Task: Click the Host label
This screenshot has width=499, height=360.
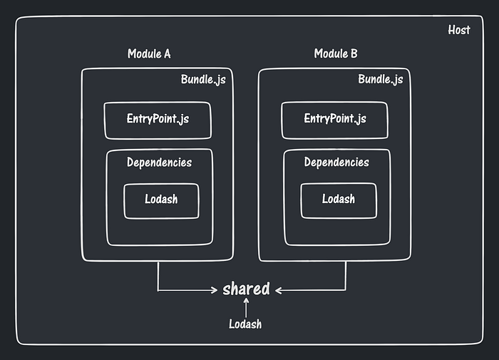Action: point(458,31)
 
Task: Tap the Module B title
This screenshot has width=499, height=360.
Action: point(336,54)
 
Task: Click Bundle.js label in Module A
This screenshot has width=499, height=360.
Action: point(203,79)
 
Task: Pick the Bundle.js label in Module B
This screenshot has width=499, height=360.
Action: point(380,79)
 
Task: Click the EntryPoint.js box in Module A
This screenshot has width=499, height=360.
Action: point(158,120)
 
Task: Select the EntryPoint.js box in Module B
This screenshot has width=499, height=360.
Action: point(335,120)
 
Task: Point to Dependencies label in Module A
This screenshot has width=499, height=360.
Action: point(159,163)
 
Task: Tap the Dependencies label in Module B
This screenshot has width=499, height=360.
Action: point(336,163)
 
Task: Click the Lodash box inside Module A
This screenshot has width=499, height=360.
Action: point(161,201)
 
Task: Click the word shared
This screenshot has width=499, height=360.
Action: point(246,289)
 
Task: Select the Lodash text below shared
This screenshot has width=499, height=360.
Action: point(245,324)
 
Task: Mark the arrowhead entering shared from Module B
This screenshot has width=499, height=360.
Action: point(279,290)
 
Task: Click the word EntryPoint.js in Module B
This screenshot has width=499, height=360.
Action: point(335,119)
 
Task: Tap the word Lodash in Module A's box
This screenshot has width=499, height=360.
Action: point(161,199)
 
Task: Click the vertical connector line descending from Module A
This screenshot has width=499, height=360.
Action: point(158,276)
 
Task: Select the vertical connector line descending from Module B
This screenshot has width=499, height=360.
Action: point(346,276)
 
